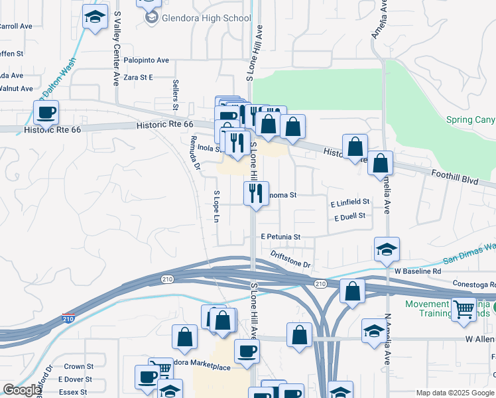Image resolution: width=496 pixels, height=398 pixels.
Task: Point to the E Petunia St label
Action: (280, 237)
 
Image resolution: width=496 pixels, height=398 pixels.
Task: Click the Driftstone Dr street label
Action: (290, 259)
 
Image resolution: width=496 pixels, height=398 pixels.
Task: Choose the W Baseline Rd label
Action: (417, 271)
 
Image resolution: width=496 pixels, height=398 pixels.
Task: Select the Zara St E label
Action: (137, 78)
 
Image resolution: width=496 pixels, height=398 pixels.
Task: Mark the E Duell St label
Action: (350, 216)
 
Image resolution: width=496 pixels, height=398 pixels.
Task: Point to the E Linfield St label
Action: (350, 201)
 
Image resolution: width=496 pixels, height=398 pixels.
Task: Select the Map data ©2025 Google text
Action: (454, 393)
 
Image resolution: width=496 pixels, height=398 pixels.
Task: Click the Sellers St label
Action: (176, 94)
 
